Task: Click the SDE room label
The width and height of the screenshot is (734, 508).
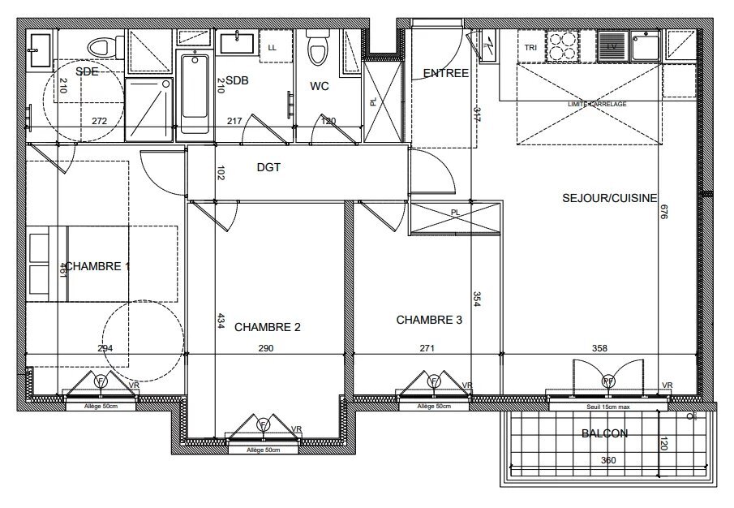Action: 87,71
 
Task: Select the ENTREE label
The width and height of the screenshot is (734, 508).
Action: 445,73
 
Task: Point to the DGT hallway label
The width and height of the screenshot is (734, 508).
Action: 268,168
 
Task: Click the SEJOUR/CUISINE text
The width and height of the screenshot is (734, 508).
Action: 609,197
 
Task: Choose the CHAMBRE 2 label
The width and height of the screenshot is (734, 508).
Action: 268,327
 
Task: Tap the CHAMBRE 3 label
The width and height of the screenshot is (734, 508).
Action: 429,320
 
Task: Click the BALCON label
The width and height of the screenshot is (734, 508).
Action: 604,433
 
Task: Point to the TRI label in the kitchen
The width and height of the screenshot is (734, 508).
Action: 530,47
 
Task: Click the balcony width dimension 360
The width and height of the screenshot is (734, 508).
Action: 608,460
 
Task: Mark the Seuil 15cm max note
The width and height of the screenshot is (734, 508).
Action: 608,406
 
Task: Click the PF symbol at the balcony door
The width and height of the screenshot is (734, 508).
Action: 608,381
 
